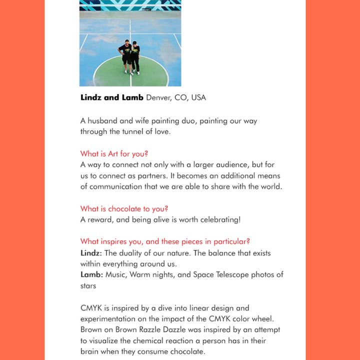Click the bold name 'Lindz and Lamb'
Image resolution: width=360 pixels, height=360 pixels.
click(x=112, y=97)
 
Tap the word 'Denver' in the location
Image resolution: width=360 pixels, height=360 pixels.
click(x=158, y=97)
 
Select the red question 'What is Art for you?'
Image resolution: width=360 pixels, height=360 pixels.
click(x=114, y=153)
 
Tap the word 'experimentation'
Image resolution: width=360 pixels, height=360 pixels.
click(x=110, y=319)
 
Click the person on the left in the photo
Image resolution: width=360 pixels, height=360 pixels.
click(x=125, y=56)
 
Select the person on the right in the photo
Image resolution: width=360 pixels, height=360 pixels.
click(x=135, y=57)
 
